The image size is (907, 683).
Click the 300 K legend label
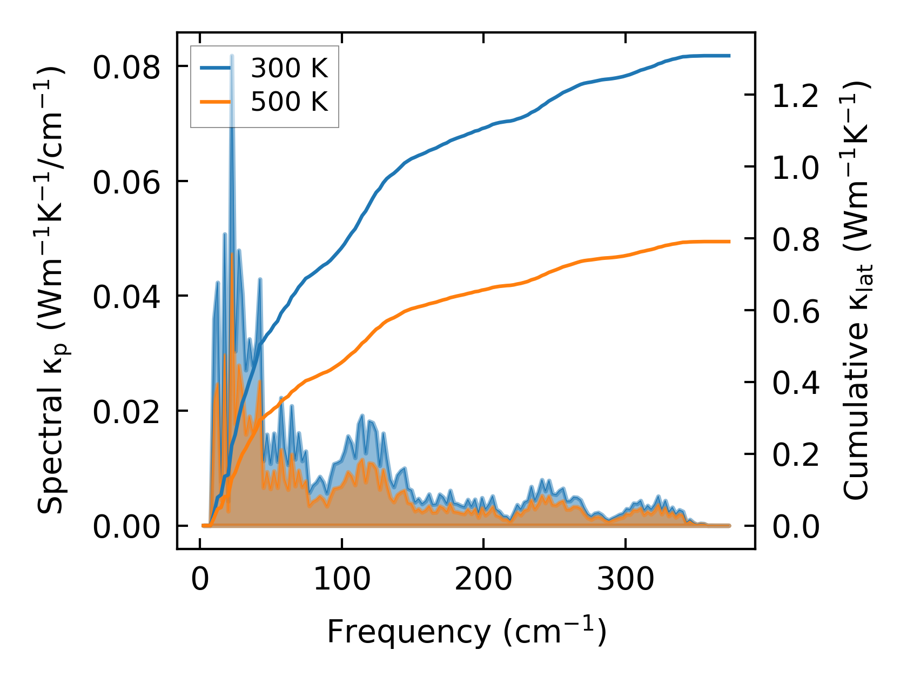[x=289, y=68]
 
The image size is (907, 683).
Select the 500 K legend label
[x=289, y=102]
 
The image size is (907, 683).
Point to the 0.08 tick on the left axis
[x=126, y=68]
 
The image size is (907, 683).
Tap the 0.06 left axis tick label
[x=126, y=183]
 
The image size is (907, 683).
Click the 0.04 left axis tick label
[x=126, y=298]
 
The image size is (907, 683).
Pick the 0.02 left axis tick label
[x=126, y=413]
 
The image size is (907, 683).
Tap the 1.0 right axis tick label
[x=796, y=168]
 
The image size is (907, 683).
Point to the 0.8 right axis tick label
[x=796, y=240]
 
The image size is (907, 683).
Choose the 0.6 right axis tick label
[x=796, y=312]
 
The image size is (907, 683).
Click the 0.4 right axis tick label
[x=796, y=384]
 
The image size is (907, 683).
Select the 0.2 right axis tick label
[x=796, y=456]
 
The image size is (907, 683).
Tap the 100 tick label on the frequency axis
[x=341, y=580]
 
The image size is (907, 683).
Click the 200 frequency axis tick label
[x=483, y=580]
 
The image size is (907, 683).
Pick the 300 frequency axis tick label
[x=625, y=580]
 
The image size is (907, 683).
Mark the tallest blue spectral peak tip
[x=232, y=56]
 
